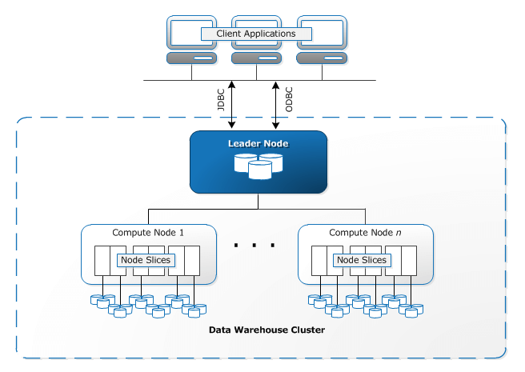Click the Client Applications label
[256, 34]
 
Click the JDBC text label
[221, 102]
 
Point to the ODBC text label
[289, 102]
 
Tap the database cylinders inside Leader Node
[258, 166]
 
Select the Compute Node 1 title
[148, 233]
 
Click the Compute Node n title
[365, 233]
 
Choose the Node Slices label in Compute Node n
[362, 260]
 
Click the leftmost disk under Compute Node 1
[99, 301]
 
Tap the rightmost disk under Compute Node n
[415, 308]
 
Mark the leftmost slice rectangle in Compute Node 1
[101, 260]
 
